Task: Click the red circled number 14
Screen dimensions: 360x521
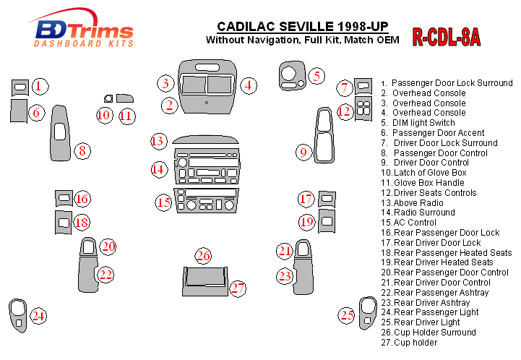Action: click(x=158, y=169)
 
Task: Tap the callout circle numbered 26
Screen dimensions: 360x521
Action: click(x=203, y=256)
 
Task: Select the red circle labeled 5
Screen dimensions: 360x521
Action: click(x=315, y=74)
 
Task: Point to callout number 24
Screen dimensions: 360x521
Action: click(x=38, y=315)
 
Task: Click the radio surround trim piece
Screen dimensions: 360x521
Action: click(x=205, y=168)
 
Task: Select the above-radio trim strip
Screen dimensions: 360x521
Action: click(x=205, y=140)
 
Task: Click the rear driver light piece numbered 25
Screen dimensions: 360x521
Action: click(x=368, y=312)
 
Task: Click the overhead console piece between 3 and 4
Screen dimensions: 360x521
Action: click(x=207, y=85)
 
